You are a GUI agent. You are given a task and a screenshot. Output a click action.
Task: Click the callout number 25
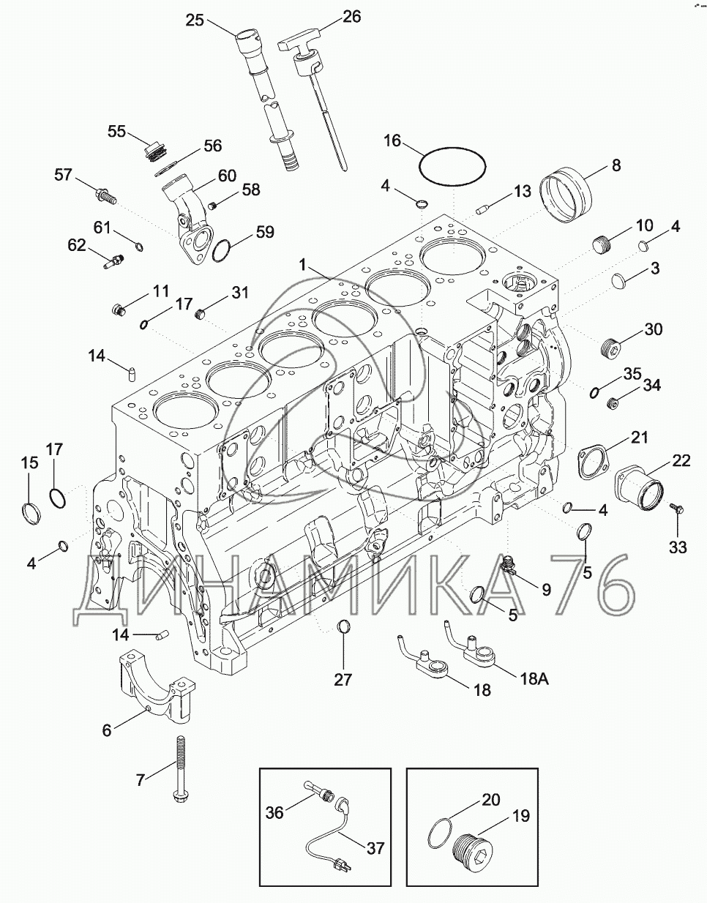[194, 20]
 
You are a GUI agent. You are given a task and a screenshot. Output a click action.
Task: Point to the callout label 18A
[534, 678]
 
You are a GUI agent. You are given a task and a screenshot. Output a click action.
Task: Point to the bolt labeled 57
[107, 195]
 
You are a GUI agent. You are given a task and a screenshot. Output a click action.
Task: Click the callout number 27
[343, 679]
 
